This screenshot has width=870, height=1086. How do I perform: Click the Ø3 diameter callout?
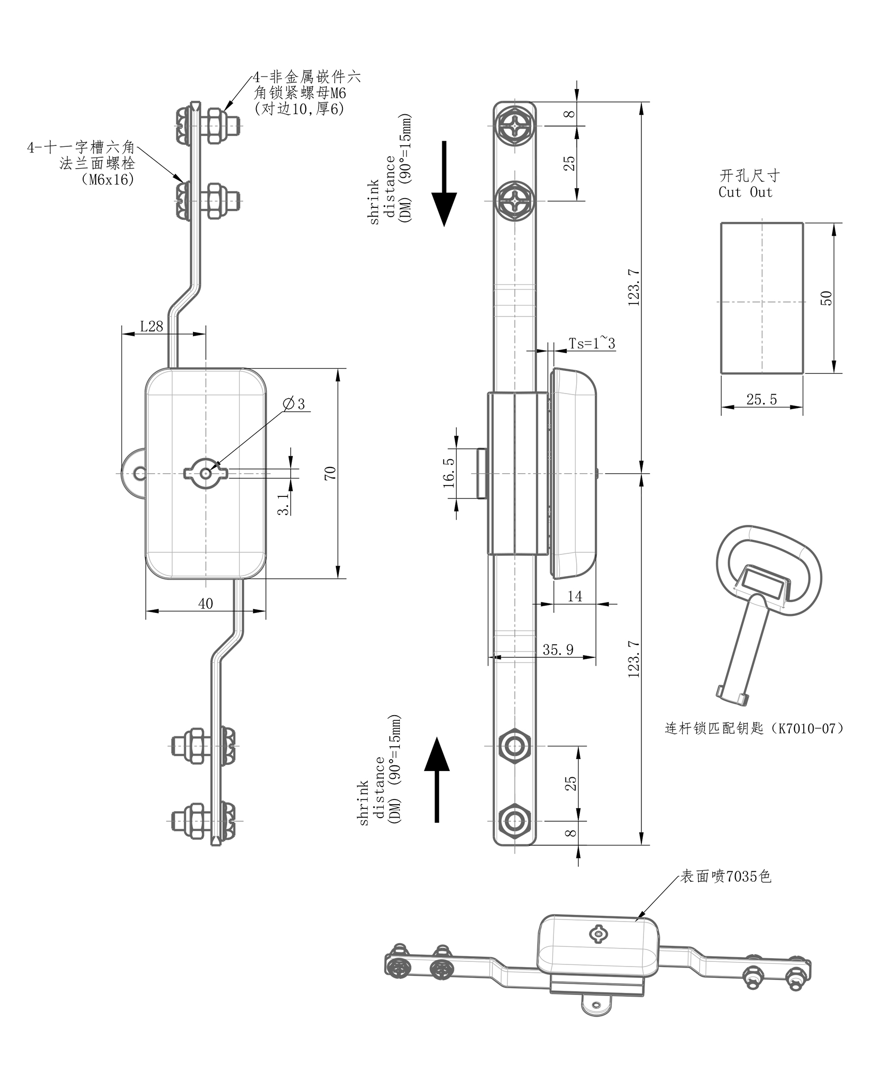tap(296, 404)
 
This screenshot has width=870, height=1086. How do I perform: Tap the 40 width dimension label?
tap(205, 604)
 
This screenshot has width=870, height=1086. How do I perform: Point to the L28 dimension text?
tap(152, 326)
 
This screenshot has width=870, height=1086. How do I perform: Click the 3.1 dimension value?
tap(283, 504)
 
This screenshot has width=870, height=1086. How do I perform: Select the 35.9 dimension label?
tap(558, 650)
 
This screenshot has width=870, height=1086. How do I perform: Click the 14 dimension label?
tap(575, 596)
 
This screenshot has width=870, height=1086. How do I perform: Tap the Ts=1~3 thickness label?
tap(592, 343)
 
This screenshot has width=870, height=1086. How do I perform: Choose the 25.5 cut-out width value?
tap(761, 399)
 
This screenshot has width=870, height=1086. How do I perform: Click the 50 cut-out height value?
tap(827, 298)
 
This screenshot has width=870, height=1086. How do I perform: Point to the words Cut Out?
tap(745, 192)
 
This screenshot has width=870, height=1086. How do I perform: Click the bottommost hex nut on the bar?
tap(514, 821)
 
